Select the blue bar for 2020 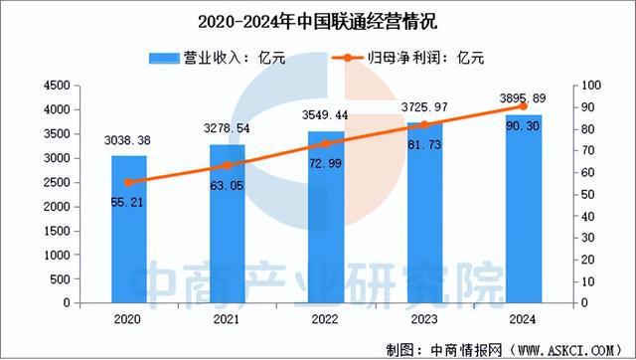tap(128, 229)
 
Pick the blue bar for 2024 tap(524, 208)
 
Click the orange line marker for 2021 tap(227, 165)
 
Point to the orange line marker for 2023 tap(424, 124)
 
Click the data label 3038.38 tap(128, 141)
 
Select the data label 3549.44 tap(326, 115)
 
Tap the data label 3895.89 tap(524, 98)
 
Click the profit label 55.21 tap(129, 201)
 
